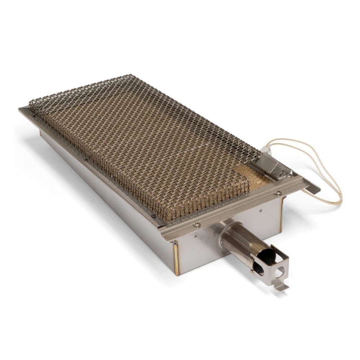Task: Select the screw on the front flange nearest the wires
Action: pos(278,193)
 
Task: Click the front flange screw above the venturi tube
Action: pos(197,225)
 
